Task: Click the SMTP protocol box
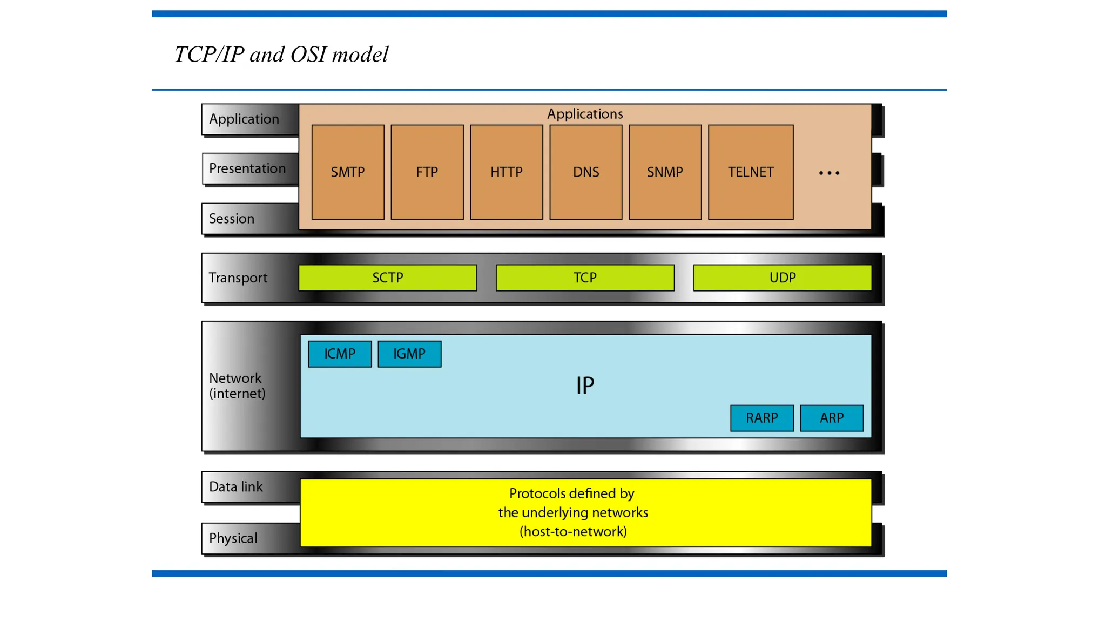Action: tap(348, 172)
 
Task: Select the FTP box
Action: tap(427, 172)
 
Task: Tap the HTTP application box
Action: tap(507, 172)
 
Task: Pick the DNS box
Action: tap(586, 172)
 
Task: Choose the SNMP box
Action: tap(665, 172)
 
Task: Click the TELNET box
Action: tap(751, 172)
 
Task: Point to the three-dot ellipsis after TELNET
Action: tap(829, 173)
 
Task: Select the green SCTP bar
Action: tap(388, 278)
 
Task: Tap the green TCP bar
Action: tap(585, 278)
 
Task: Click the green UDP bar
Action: tap(783, 278)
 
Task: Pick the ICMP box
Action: tap(340, 354)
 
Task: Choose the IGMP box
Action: tap(409, 354)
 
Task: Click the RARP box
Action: tap(762, 418)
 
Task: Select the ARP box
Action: tap(832, 418)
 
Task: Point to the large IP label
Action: tap(585, 386)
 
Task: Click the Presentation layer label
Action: tap(247, 168)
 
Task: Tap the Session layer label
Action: tap(232, 219)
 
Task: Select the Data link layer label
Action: tap(236, 487)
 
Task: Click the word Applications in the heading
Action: tap(585, 114)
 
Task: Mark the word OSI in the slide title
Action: tap(308, 55)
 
